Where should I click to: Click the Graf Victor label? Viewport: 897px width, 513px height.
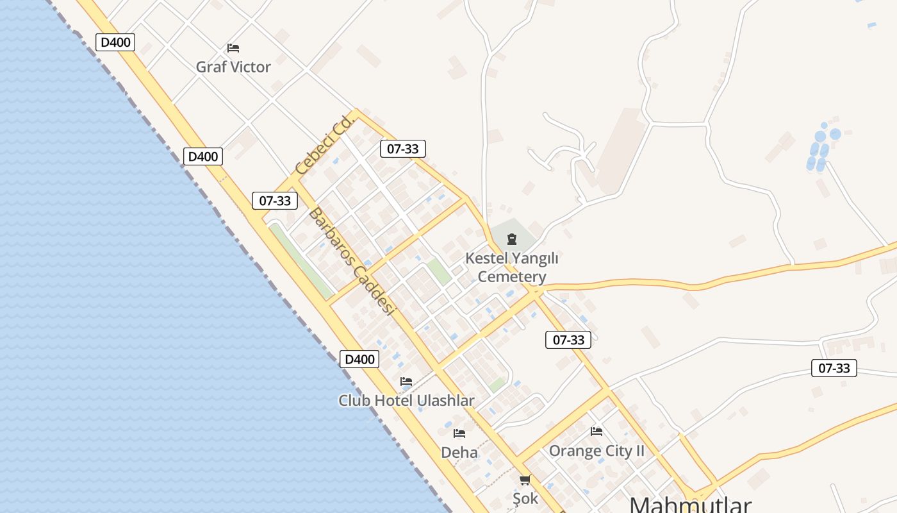[x=233, y=67]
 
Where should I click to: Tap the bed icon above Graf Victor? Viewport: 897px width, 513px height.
[x=233, y=48]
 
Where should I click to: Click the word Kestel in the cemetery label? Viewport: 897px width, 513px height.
[x=488, y=258]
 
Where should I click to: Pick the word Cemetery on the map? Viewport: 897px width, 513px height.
[x=512, y=276]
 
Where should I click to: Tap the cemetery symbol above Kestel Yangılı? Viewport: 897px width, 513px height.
[x=511, y=240]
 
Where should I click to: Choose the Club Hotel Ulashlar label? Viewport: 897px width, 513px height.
[x=406, y=401]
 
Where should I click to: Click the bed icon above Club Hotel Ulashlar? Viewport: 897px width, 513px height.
[x=406, y=382]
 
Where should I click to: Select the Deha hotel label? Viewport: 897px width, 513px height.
[x=459, y=452]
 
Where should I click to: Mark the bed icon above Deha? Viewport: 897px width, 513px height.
[x=459, y=433]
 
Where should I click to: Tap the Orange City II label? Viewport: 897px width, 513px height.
[x=597, y=451]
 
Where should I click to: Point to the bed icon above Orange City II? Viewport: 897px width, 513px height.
[x=597, y=432]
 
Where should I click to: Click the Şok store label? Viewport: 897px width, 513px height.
[x=525, y=498]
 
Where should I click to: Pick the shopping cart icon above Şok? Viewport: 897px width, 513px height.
[x=525, y=480]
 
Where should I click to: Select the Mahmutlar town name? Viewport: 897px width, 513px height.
[x=690, y=504]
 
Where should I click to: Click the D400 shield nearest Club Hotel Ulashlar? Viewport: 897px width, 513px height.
[x=359, y=359]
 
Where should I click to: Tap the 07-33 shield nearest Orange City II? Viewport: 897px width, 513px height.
[x=568, y=340]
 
